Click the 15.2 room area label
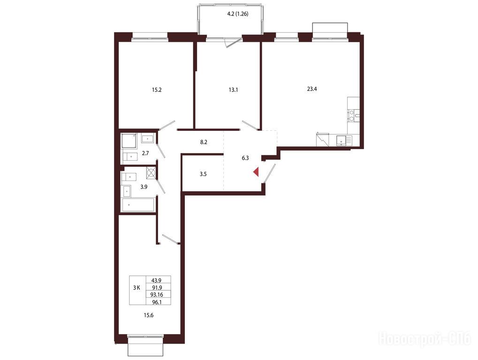click(x=156, y=90)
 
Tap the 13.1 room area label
click(x=233, y=90)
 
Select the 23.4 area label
click(x=312, y=89)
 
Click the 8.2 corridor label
click(x=204, y=142)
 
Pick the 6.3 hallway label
click(x=245, y=158)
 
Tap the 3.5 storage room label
click(x=203, y=174)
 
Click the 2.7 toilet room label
click(x=145, y=153)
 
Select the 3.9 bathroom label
click(x=144, y=187)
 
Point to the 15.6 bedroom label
click(x=148, y=315)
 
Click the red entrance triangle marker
click(x=257, y=172)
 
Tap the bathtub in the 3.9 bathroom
click(x=138, y=205)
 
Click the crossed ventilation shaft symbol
click(x=151, y=172)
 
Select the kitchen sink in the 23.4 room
click(x=344, y=141)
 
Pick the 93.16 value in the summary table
click(x=157, y=294)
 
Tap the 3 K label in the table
click(x=137, y=287)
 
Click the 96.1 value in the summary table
click(x=157, y=302)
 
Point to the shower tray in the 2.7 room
click(x=129, y=141)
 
